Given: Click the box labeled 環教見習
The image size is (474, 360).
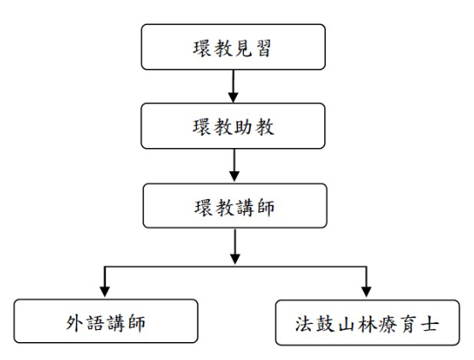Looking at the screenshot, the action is (233, 47).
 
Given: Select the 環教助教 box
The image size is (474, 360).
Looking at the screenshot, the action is (233, 126).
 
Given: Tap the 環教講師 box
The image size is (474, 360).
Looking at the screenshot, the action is (235, 206).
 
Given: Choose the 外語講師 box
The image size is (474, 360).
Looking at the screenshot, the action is (106, 321).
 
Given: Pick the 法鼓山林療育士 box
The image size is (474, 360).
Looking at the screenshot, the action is (368, 322).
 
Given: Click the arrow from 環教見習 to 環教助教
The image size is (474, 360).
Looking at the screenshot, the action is (233, 86).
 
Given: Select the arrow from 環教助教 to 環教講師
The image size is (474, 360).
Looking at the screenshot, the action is (234, 165).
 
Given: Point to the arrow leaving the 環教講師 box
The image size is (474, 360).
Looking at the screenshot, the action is (235, 246).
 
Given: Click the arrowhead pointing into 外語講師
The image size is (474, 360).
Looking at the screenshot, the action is (104, 292).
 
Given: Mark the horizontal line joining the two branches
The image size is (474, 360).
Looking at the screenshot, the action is (235, 267).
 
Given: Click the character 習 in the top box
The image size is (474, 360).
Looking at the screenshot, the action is (264, 49).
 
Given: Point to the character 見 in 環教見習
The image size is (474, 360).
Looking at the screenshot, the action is (243, 49).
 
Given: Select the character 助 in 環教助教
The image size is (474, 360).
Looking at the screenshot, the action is (243, 127).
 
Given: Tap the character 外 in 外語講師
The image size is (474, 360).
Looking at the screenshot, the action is (74, 323).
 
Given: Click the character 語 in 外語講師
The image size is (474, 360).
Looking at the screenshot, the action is (96, 323).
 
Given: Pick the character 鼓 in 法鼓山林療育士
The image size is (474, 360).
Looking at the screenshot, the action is (325, 324).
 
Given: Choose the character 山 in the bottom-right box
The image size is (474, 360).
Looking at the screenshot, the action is (347, 325).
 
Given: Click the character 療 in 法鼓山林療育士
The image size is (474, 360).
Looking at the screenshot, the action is (388, 324).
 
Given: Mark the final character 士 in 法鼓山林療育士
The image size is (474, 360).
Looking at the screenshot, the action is (430, 325).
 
